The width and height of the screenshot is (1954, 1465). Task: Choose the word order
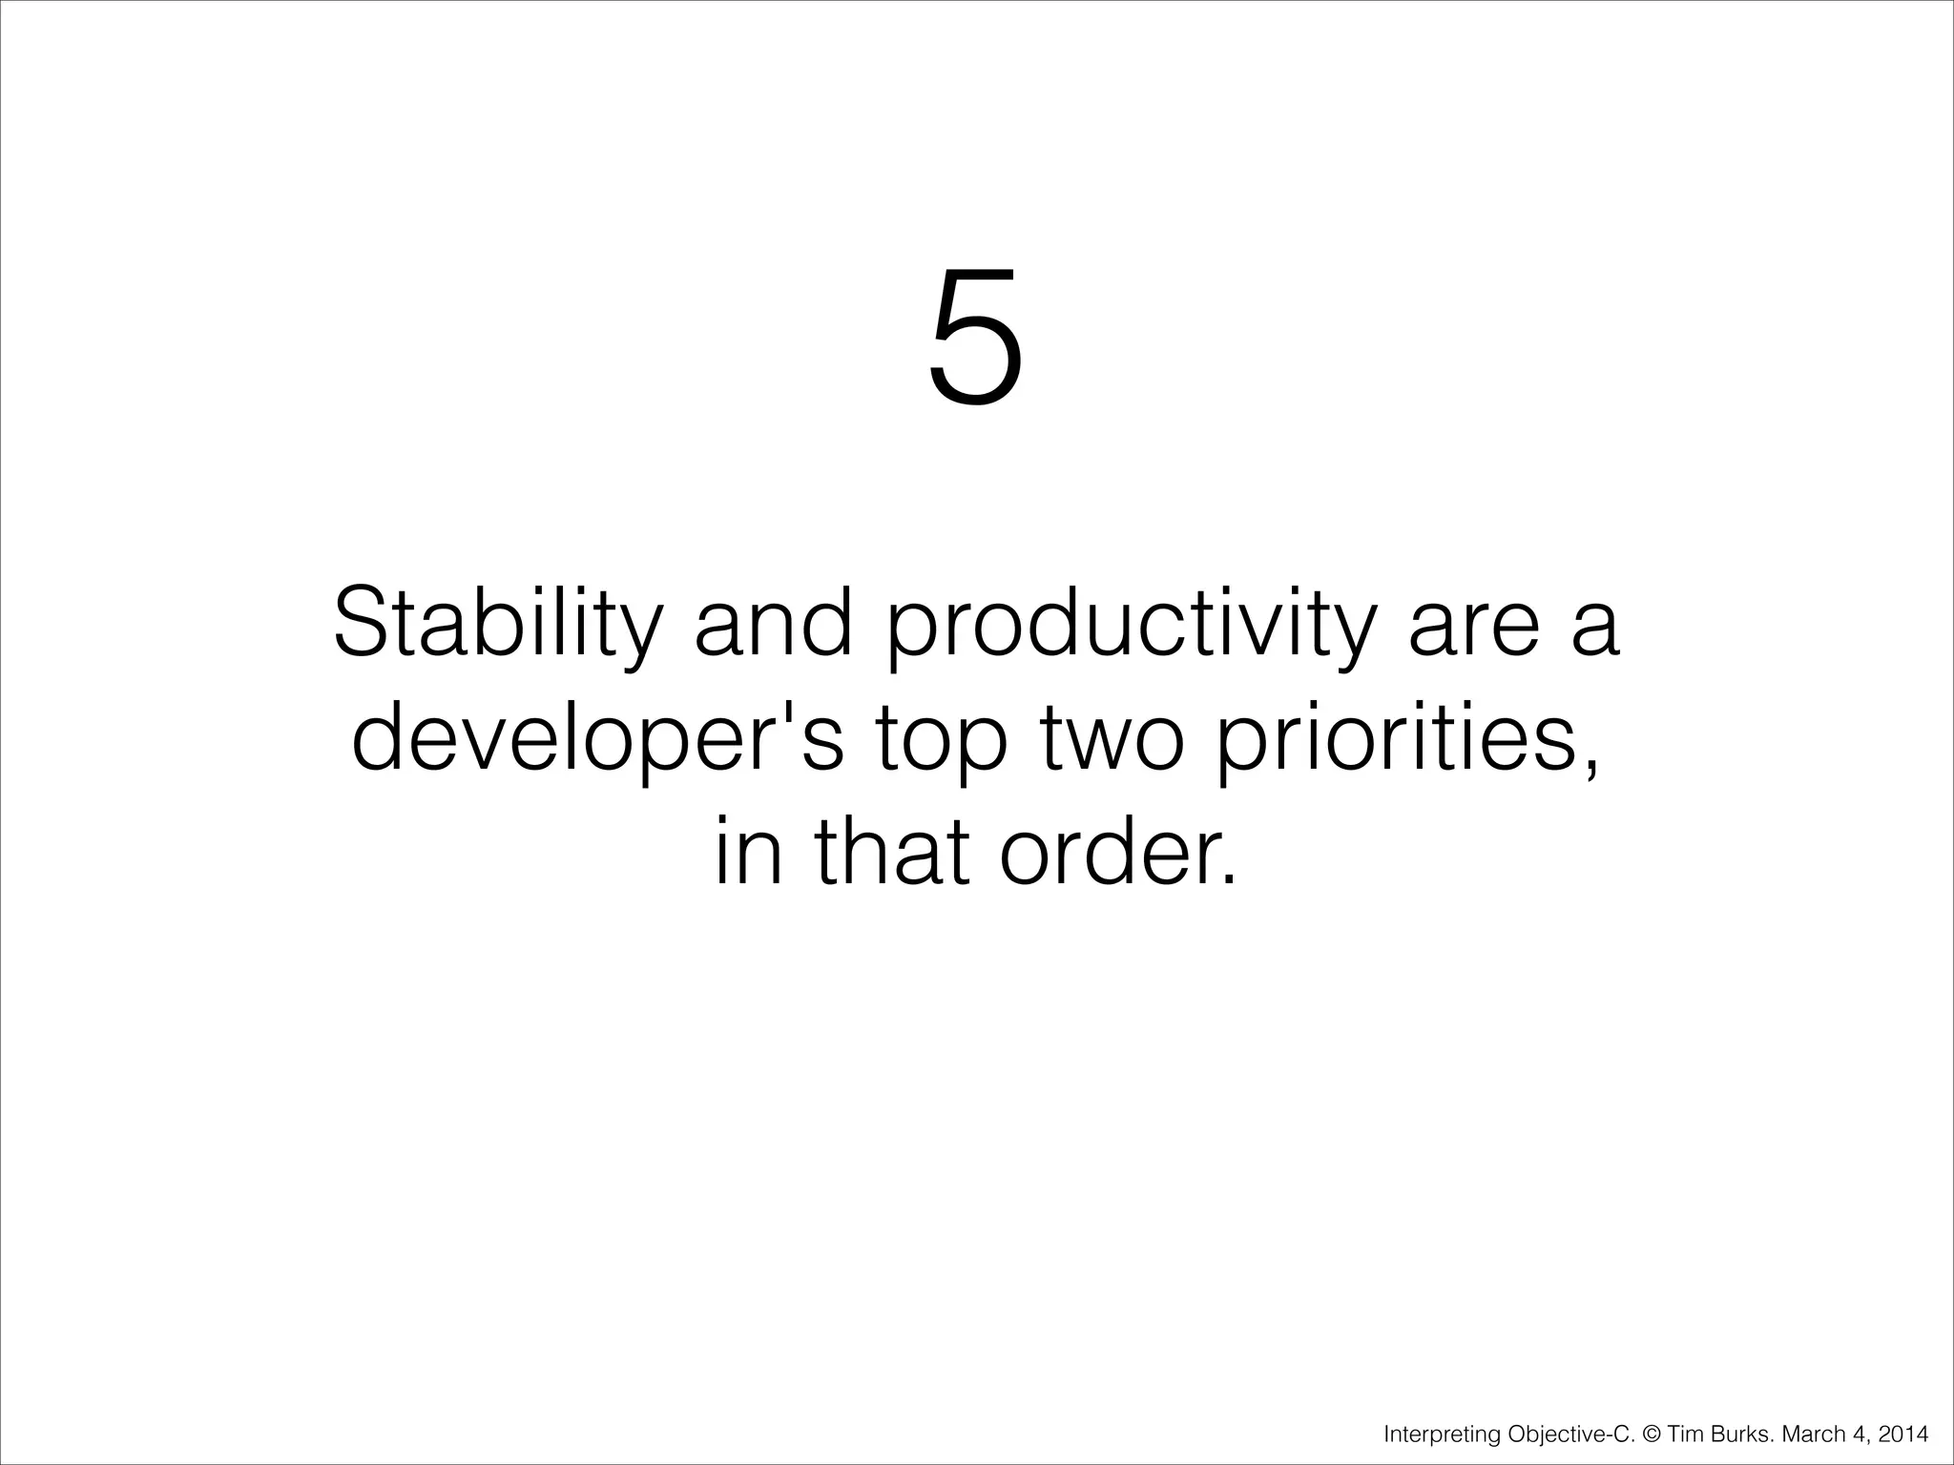coord(1117,852)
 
